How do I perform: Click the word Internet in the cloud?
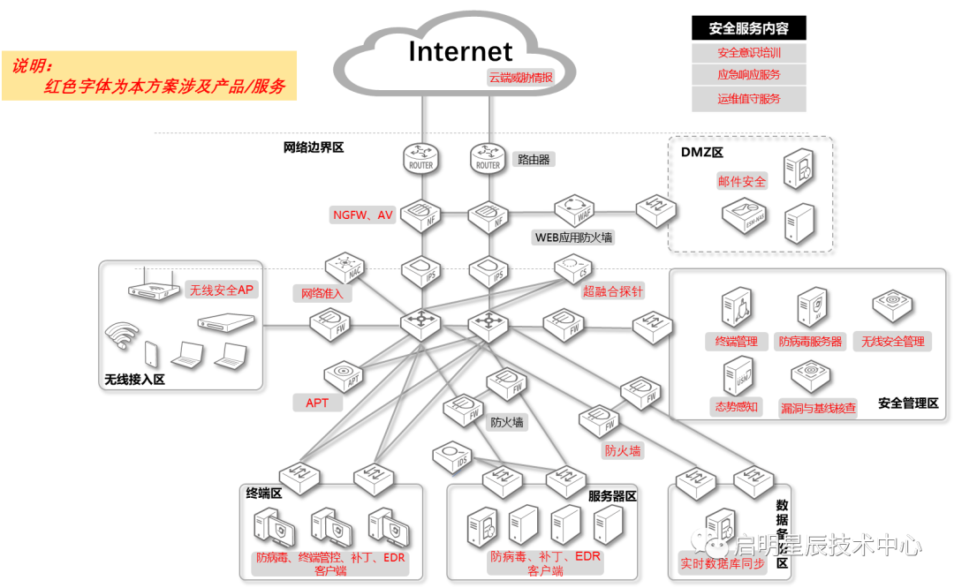460,51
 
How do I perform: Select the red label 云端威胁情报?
521,78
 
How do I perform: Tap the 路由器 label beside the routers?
534,160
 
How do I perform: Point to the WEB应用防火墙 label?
573,237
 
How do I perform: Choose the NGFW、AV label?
363,215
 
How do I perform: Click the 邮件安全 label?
742,182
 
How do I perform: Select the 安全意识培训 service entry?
749,53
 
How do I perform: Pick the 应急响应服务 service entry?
749,76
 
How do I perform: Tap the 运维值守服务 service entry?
749,99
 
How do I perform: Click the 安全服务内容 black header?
749,28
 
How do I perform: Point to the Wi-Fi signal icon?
121,335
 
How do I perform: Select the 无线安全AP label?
222,290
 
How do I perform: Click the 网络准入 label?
322,294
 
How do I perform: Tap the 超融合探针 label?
613,290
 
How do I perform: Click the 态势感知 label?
735,407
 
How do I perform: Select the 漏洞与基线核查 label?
818,408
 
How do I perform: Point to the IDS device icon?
453,455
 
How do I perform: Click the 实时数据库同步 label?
723,563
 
